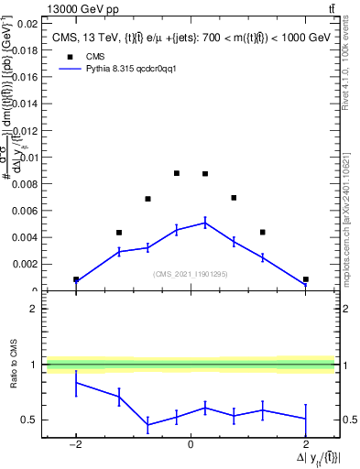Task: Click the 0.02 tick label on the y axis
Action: coord(27,24)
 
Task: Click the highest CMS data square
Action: coord(177,173)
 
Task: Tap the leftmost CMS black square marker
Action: coord(76,279)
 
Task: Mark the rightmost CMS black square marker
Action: coord(305,279)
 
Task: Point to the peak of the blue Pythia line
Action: coord(205,222)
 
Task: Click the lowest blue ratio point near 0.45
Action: coord(147,425)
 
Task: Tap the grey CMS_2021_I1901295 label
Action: coord(190,274)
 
